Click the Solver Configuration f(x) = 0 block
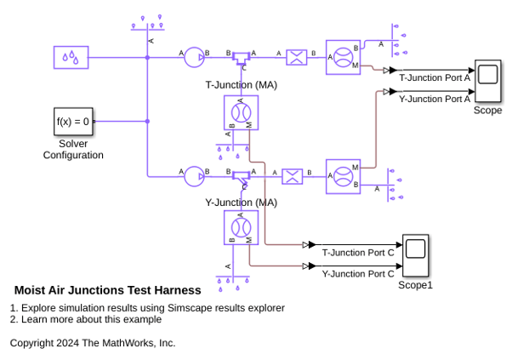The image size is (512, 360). point(73,122)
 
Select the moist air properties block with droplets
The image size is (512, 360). point(71,58)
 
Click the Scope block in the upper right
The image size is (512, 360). point(488,81)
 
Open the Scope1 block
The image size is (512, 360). point(415,255)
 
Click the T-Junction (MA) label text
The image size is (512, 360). point(242,85)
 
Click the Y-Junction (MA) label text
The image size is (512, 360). point(242,203)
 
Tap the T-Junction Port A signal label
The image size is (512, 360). point(435,77)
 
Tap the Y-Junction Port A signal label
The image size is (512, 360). point(435,99)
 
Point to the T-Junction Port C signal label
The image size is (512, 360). point(358,253)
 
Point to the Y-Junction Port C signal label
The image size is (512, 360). point(358,274)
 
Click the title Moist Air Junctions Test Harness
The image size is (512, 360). point(108,290)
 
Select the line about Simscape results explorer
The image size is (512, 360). point(147,308)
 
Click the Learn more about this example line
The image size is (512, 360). point(86,319)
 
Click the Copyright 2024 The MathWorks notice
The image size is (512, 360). point(93,343)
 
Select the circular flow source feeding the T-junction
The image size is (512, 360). point(194,58)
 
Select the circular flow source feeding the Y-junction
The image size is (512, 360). point(194,176)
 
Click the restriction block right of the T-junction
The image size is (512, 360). point(297,58)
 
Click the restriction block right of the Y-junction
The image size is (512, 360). point(293,176)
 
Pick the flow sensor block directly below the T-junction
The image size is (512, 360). point(241,112)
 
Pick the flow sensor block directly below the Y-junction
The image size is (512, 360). point(241,228)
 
